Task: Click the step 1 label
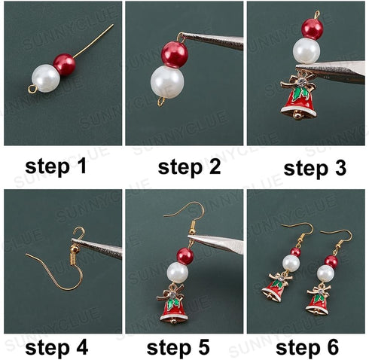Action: click(61, 166)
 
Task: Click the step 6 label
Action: click(306, 347)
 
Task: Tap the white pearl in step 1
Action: click(47, 78)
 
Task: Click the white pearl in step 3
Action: click(306, 50)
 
